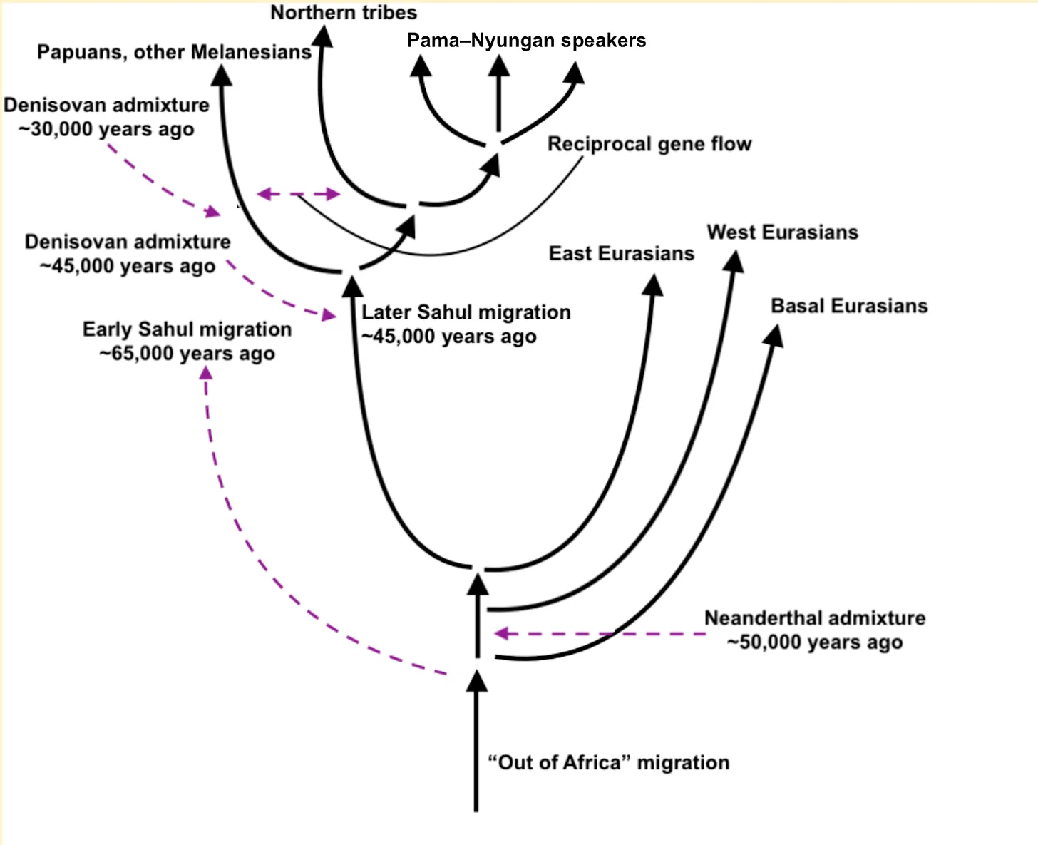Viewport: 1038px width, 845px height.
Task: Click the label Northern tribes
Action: (x=344, y=13)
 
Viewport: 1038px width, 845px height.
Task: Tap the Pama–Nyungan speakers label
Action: (x=526, y=41)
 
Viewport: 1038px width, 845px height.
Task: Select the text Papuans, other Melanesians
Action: (x=174, y=52)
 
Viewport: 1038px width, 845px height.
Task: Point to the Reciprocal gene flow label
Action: (x=649, y=144)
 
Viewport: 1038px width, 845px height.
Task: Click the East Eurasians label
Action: (x=621, y=254)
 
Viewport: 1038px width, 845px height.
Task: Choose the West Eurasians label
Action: (x=782, y=232)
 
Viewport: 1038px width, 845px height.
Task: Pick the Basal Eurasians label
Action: (x=849, y=306)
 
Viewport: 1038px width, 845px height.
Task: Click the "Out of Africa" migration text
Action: (x=608, y=763)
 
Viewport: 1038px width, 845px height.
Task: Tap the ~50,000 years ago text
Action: (x=815, y=642)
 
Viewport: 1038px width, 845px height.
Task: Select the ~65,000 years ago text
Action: (x=187, y=354)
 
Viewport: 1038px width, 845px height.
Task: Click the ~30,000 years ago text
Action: (x=106, y=130)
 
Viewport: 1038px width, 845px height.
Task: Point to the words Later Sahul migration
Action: (x=466, y=312)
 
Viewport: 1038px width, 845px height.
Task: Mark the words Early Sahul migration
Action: (x=187, y=329)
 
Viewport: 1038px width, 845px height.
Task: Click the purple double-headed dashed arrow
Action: (x=298, y=194)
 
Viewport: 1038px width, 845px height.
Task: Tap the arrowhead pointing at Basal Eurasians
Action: (x=774, y=335)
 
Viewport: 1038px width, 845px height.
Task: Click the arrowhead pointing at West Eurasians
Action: (x=734, y=261)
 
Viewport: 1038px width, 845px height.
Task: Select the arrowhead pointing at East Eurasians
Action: (x=653, y=285)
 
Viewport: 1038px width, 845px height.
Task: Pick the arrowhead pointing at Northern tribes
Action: (x=324, y=36)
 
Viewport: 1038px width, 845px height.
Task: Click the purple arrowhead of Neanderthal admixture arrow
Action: (x=501, y=633)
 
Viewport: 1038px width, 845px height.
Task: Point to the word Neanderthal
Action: (x=764, y=618)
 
